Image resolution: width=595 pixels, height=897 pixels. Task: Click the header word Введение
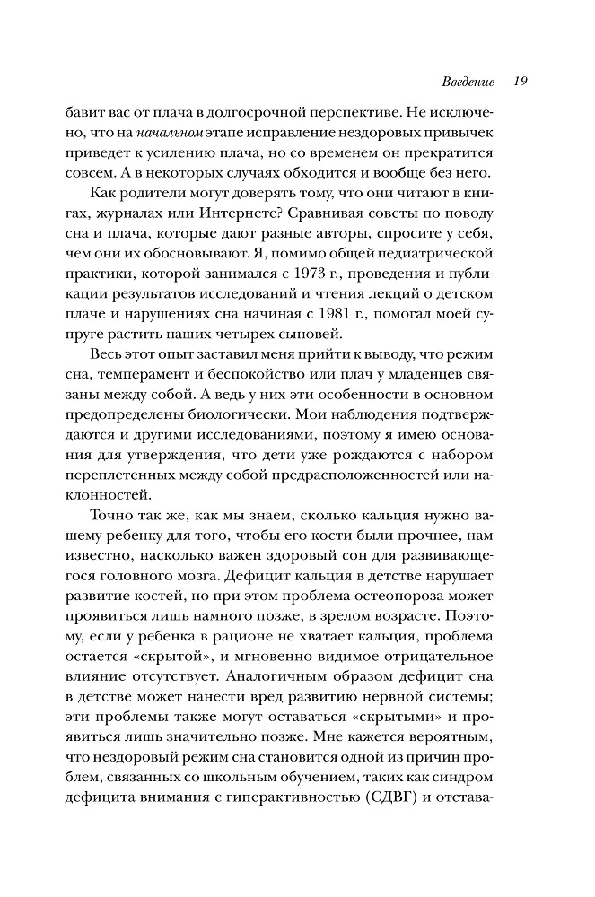(469, 82)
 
